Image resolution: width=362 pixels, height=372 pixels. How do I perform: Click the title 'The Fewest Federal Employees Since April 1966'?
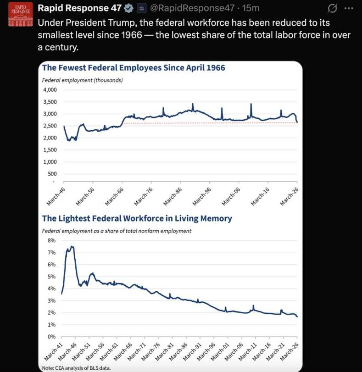click(134, 68)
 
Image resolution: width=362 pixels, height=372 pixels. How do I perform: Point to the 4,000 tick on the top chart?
click(50, 90)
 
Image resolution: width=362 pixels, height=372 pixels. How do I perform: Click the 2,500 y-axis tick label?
click(50, 126)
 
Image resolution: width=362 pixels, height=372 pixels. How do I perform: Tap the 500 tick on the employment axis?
click(52, 174)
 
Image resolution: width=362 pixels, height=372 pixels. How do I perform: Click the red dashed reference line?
click(206, 123)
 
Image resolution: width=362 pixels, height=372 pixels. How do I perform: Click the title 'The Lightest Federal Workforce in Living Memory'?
click(137, 218)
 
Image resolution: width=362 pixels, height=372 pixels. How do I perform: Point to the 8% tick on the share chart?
click(51, 240)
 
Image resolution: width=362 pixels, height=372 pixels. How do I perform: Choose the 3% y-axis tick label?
click(51, 300)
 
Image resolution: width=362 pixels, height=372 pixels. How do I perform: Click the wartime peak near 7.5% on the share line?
click(72, 247)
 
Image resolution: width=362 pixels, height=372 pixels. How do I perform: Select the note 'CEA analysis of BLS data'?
click(76, 368)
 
